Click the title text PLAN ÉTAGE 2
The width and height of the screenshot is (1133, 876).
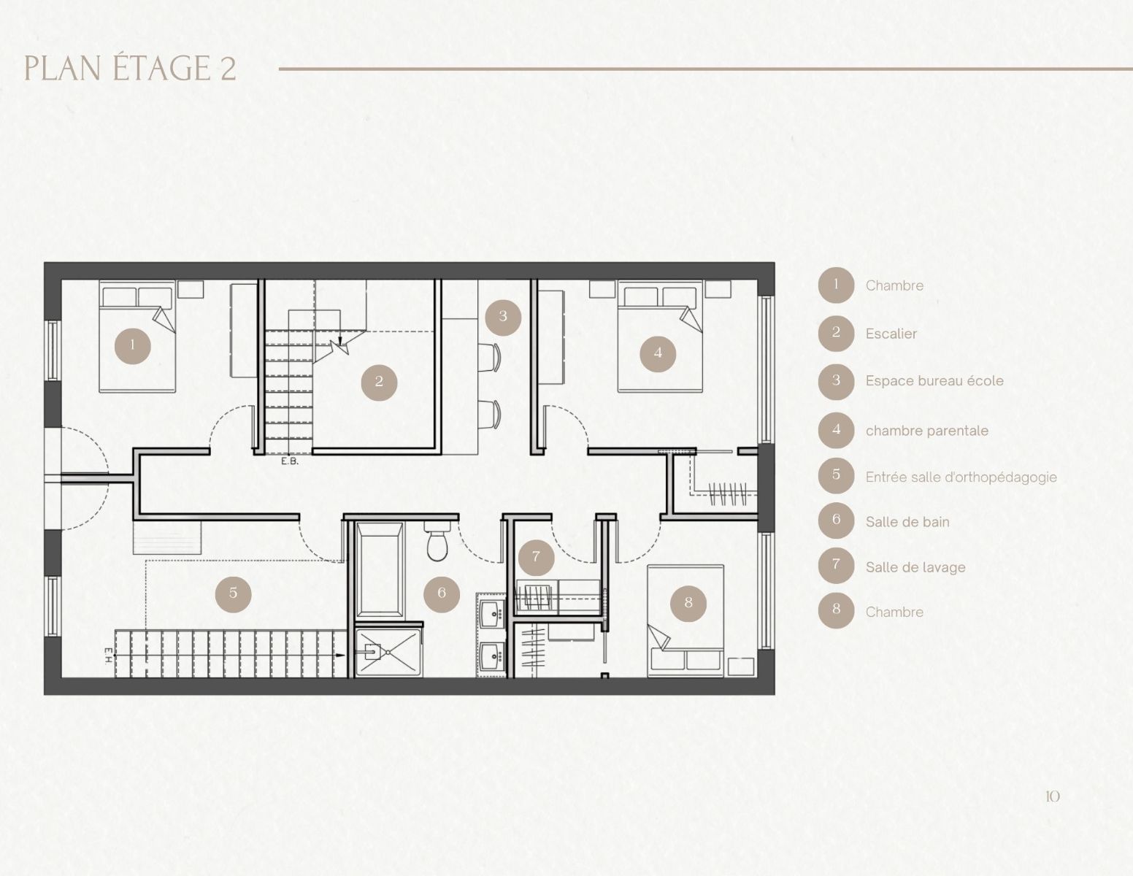[130, 69]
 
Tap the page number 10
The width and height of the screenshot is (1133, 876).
[1052, 796]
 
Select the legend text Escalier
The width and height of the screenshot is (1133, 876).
[891, 334]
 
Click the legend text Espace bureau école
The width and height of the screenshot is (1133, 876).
[934, 381]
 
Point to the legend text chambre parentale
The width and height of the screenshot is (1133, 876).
[927, 431]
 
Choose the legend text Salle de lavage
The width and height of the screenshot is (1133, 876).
[915, 567]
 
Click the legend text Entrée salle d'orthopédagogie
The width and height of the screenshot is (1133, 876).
[961, 477]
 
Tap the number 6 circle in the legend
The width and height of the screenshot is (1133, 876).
[837, 520]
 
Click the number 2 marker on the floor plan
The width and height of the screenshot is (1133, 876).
[379, 382]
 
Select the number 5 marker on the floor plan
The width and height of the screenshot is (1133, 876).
[233, 593]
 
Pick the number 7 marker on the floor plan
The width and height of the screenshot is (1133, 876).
[536, 557]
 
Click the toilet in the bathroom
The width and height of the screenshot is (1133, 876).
[437, 541]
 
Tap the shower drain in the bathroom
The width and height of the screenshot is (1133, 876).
[388, 652]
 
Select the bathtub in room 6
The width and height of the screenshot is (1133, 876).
[379, 570]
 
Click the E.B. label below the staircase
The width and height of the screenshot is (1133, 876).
[290, 461]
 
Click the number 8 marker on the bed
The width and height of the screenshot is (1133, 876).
[688, 603]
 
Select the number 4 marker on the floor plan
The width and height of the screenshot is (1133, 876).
[658, 353]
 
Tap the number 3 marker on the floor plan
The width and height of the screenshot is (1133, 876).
[503, 316]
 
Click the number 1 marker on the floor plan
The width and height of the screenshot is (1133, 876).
[132, 345]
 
